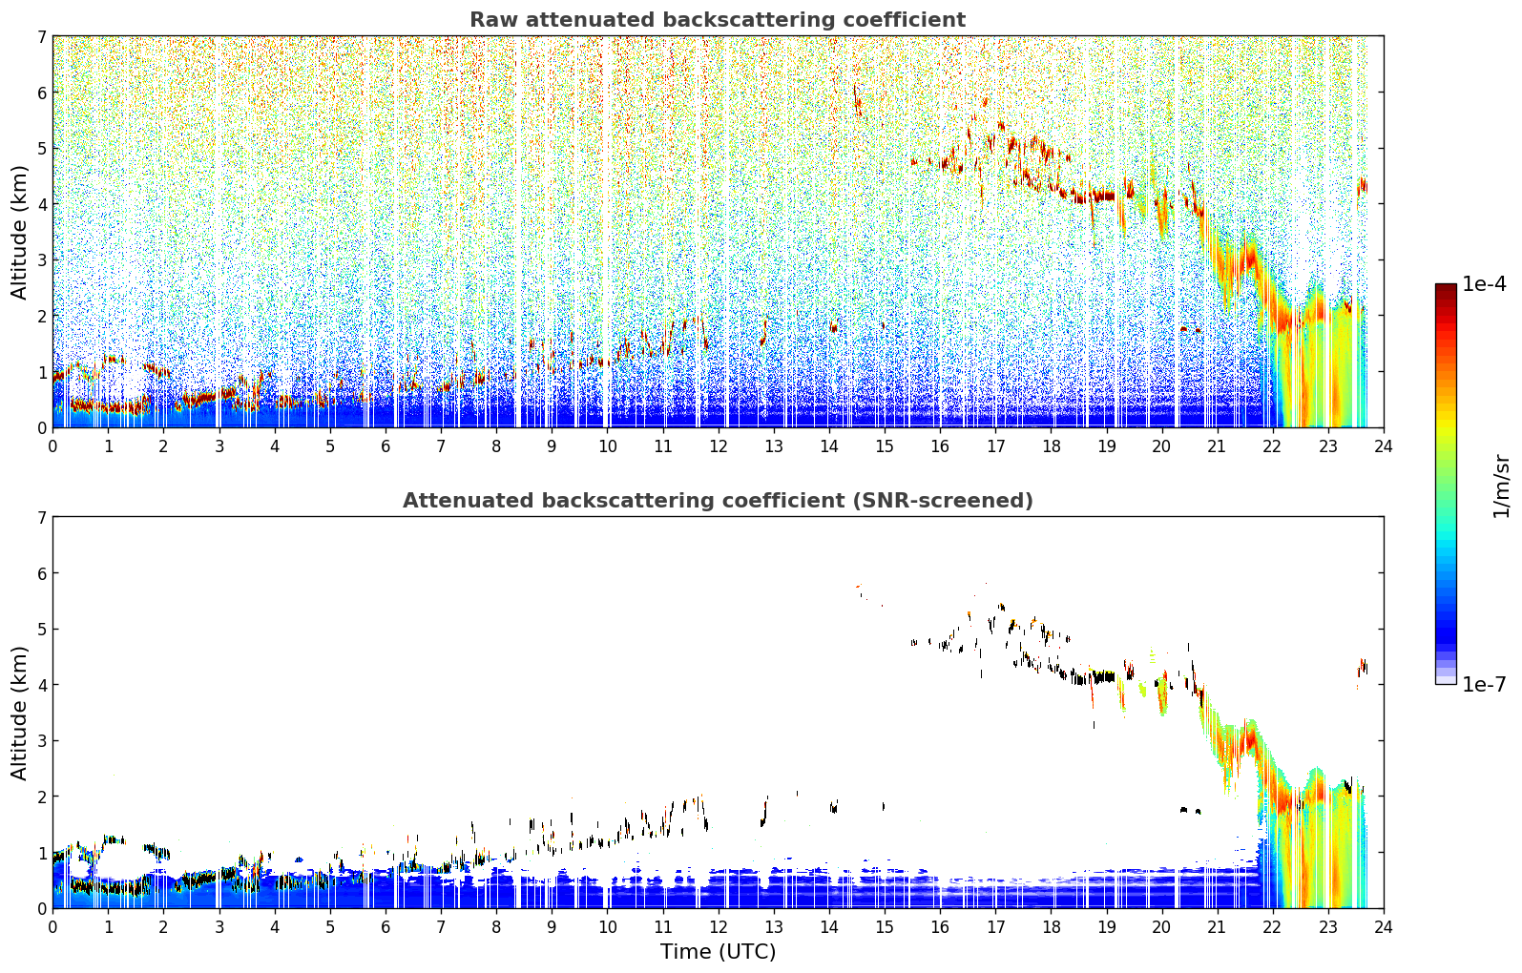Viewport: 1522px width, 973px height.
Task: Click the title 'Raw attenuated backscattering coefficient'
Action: coord(718,20)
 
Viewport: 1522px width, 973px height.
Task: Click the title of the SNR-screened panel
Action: coord(718,500)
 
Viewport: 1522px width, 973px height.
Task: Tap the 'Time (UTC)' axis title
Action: coord(718,951)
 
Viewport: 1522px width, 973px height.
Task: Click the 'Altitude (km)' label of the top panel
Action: coord(19,233)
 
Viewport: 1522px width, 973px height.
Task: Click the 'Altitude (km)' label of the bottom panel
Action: coord(19,713)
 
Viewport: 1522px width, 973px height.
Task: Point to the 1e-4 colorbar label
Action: coord(1484,284)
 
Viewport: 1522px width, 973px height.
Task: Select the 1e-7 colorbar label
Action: coord(1484,684)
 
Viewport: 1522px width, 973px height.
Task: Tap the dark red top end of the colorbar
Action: coord(1446,287)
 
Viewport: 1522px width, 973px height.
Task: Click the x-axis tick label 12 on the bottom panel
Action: coord(719,927)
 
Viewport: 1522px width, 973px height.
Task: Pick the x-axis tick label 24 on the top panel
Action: coord(1384,446)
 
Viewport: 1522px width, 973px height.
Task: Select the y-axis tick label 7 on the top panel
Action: coord(42,36)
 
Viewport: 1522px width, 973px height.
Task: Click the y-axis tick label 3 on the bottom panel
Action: coord(42,740)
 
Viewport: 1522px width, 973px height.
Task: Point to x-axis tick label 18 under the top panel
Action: coord(1052,446)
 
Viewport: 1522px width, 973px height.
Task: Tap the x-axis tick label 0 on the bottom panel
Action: coord(53,927)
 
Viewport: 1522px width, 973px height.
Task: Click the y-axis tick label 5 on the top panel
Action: coord(42,148)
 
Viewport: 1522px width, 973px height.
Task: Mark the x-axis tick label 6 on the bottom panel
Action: coord(386,927)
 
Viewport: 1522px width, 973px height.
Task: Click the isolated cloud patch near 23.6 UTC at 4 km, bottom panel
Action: coord(1363,667)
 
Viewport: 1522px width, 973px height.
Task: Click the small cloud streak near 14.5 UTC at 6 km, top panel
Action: coord(857,100)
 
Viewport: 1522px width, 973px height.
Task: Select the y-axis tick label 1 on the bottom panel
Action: coord(42,853)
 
